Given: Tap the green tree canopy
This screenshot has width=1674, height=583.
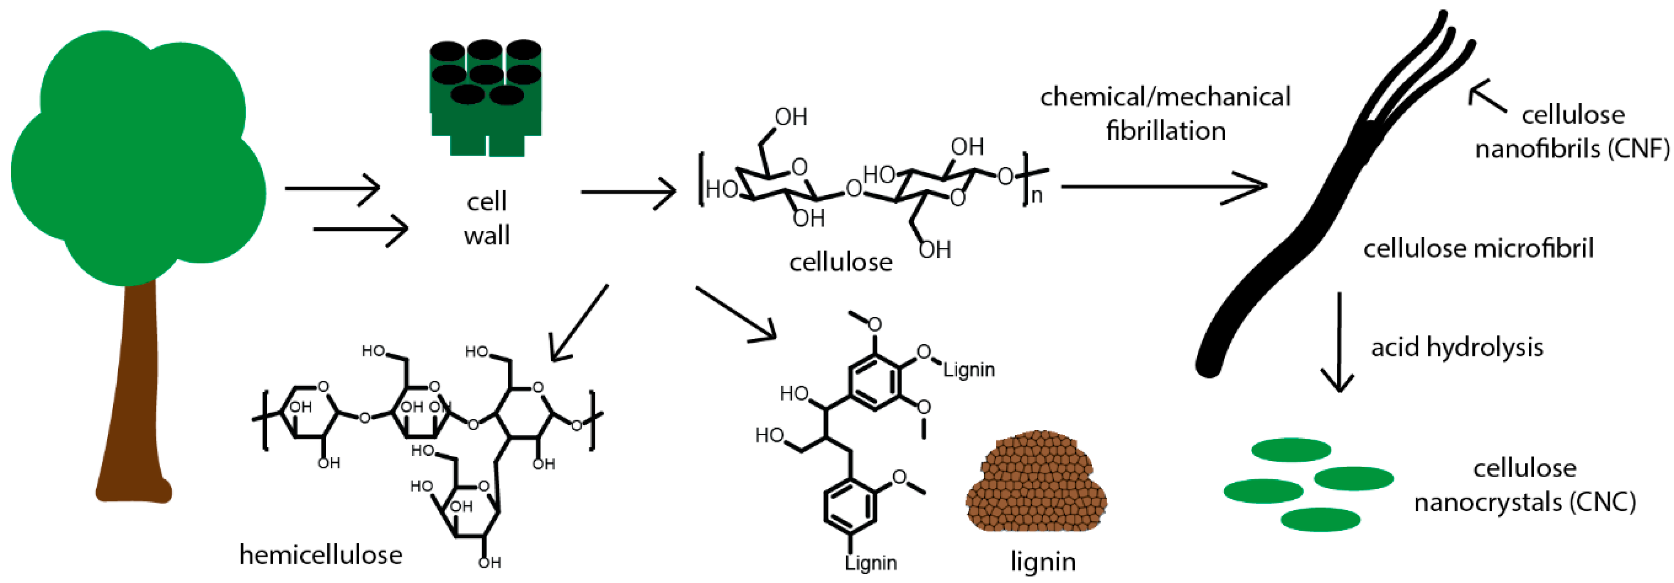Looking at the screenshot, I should tap(137, 156).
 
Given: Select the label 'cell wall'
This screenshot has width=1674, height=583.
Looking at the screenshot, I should tap(487, 218).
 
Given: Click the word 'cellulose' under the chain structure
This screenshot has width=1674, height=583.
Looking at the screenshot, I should tap(840, 262).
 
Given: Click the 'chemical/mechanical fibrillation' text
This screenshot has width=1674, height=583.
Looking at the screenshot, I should tap(1165, 114).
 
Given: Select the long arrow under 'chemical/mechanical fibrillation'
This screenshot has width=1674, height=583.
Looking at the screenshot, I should tap(1163, 187).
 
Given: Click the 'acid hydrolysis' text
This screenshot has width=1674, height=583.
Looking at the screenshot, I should tap(1457, 347).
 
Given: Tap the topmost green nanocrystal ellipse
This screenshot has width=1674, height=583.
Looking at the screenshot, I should tap(1291, 450).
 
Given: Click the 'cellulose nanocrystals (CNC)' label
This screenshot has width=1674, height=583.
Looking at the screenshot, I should tap(1524, 485).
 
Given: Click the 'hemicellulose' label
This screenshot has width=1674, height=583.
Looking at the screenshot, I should tap(321, 555).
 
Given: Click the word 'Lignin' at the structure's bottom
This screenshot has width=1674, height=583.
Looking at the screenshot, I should tap(871, 562).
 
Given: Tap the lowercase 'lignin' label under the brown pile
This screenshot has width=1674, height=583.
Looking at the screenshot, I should tap(1042, 561).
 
